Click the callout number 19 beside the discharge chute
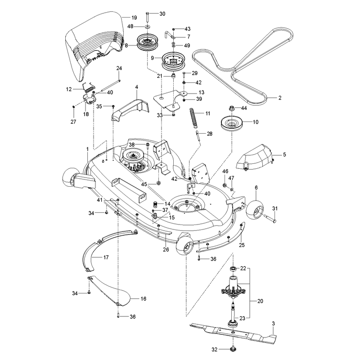134,18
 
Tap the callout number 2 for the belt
279,98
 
